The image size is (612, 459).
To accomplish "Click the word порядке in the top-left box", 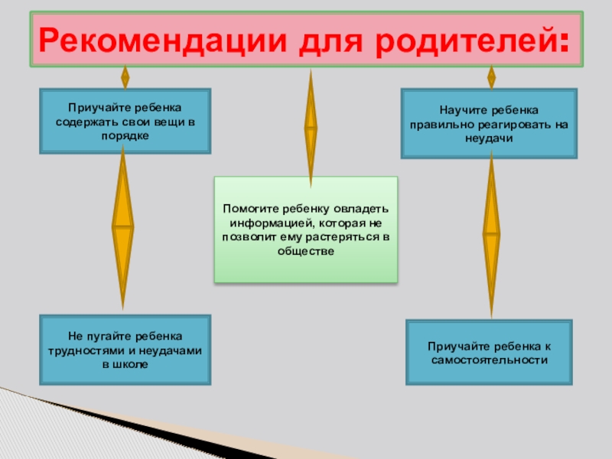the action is pos(125,135).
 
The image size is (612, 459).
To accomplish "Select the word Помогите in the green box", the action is pos(248,208).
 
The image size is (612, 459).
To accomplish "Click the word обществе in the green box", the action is pos(307,252).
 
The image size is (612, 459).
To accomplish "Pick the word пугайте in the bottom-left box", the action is pos(107,336).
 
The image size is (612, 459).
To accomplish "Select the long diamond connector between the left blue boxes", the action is pos(123,227).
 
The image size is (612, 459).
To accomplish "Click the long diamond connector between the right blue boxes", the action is pos(491,233).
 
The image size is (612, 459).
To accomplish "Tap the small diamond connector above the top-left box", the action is pos(125,77).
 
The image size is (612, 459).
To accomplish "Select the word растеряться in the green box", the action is pos(343,237).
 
